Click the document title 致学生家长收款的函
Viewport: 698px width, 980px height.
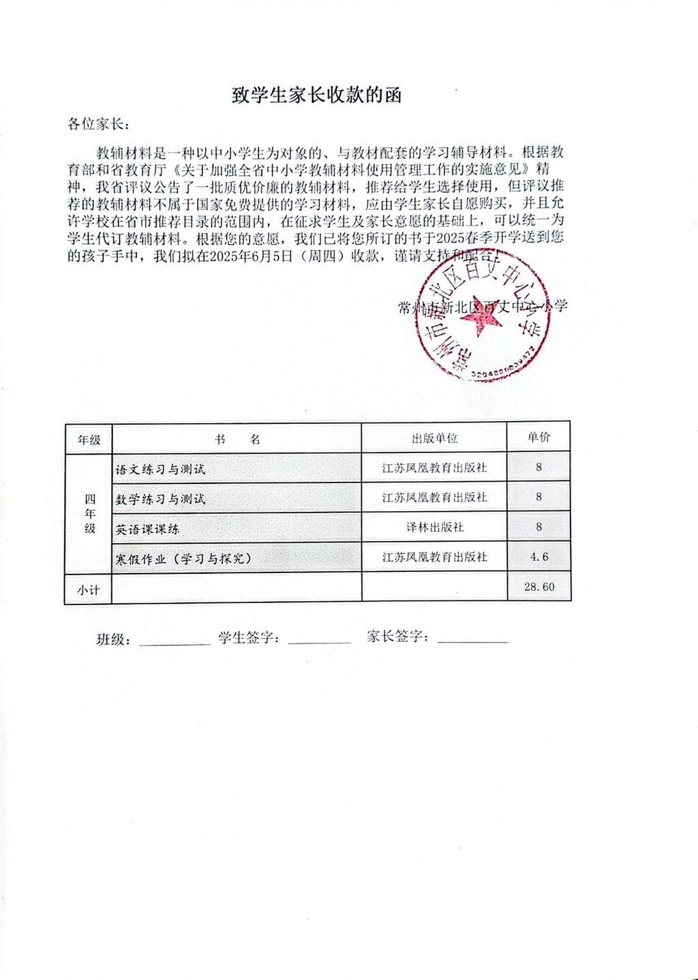point(317,95)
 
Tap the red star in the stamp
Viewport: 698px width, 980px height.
point(482,327)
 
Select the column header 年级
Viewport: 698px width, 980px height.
point(89,440)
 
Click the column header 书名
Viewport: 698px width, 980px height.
point(237,439)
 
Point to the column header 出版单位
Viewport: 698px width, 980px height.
point(434,438)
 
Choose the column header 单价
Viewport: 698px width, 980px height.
point(538,438)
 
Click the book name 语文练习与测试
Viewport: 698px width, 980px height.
point(160,470)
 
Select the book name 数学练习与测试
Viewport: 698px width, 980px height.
point(160,499)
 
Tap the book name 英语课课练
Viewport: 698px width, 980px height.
point(147,529)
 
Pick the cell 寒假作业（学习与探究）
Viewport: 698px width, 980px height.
point(183,559)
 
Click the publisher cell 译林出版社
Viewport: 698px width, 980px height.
point(434,527)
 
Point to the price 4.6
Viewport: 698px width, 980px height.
point(538,557)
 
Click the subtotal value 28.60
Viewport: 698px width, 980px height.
point(538,587)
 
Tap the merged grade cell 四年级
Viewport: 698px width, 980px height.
point(89,514)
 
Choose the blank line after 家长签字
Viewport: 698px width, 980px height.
point(473,641)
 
